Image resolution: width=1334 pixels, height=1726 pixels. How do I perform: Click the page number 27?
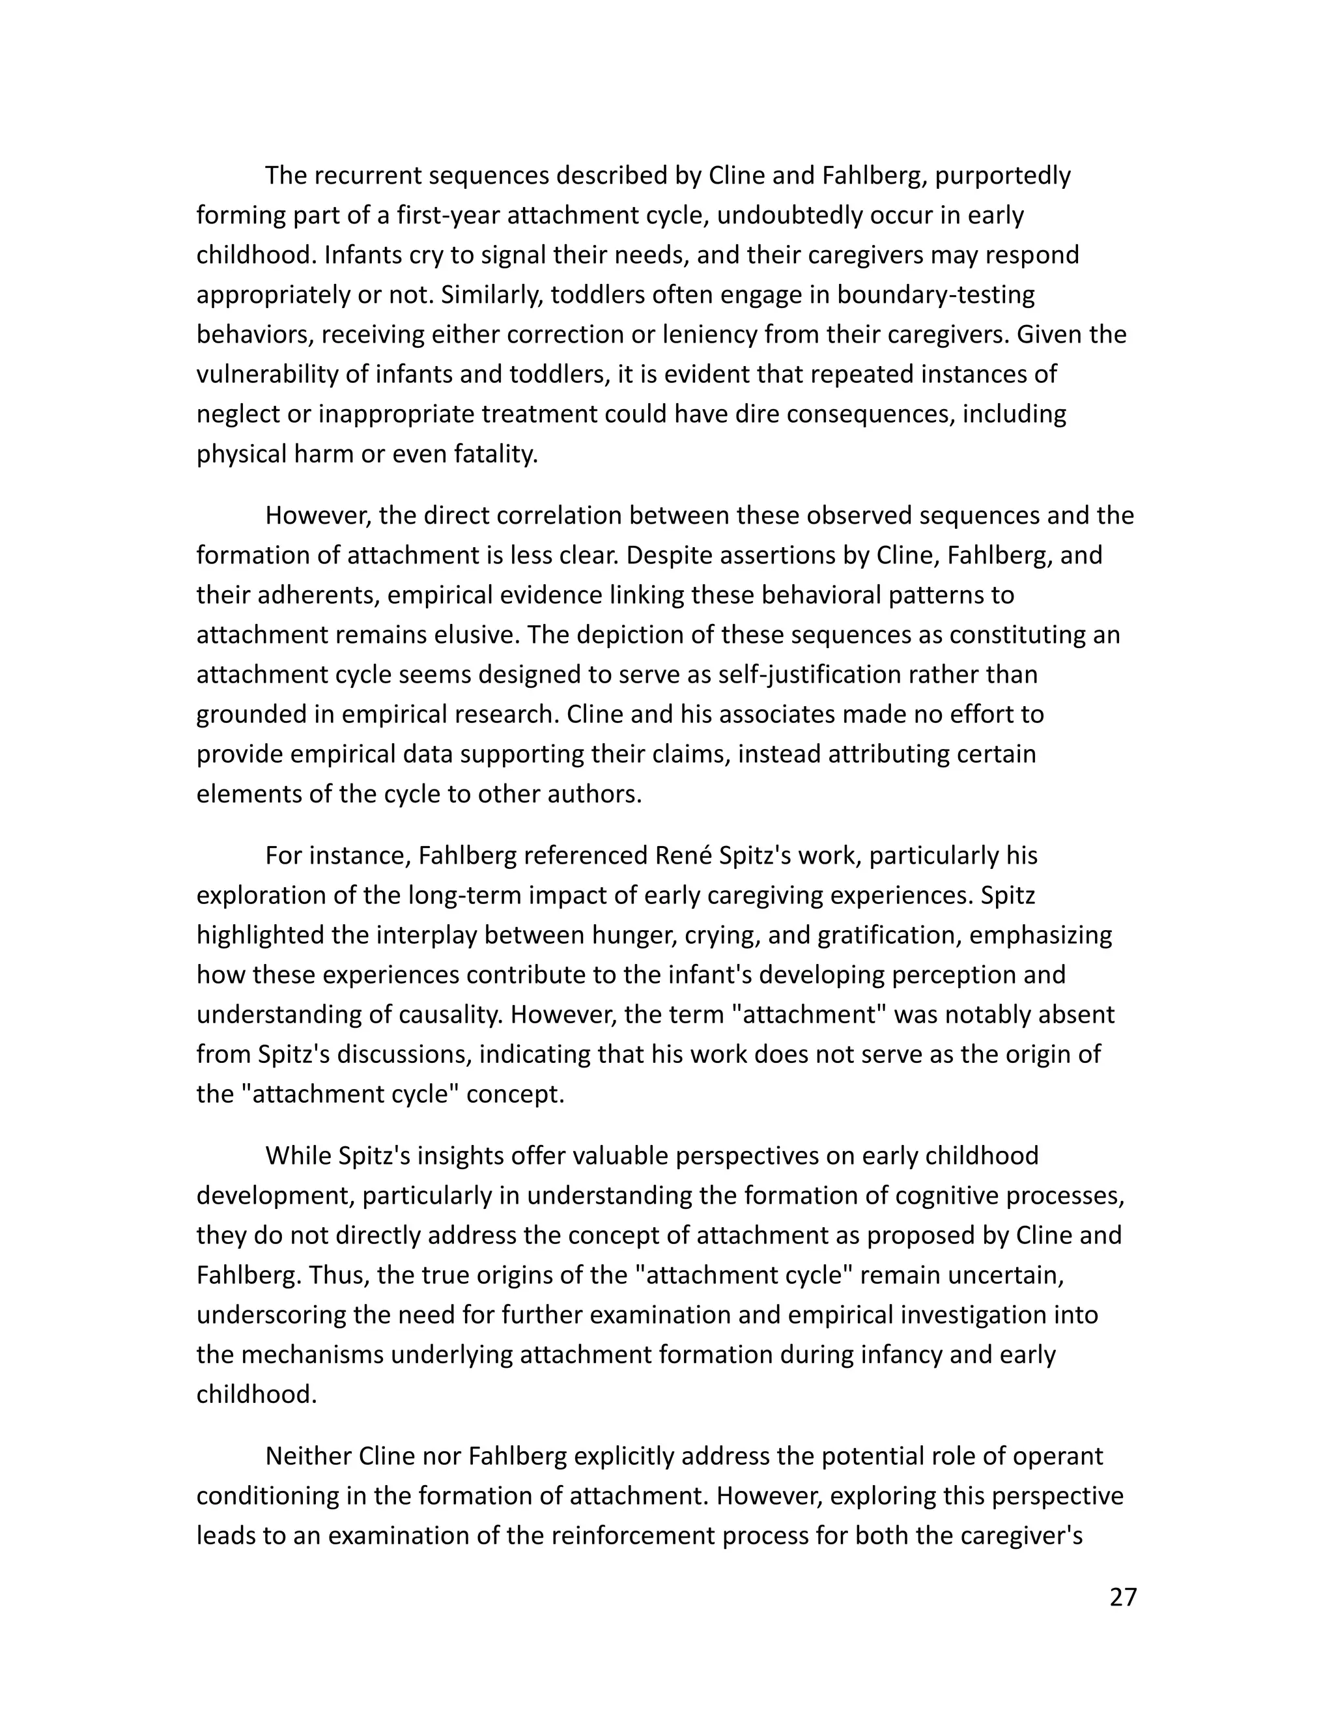[x=1123, y=1597]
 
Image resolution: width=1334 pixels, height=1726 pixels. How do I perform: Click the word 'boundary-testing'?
[x=936, y=295]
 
